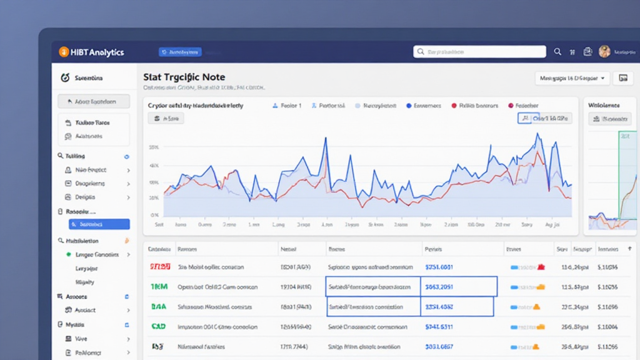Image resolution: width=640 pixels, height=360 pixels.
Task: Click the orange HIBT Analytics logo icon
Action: click(x=63, y=52)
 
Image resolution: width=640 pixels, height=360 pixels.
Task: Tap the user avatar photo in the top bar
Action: click(x=604, y=52)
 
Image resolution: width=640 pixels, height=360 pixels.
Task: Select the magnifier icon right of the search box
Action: click(x=557, y=52)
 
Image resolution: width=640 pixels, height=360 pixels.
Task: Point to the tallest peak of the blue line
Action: click(x=537, y=134)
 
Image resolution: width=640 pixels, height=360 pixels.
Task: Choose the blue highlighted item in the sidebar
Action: click(x=99, y=224)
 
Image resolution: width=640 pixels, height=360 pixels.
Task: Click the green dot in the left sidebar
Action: click(x=69, y=255)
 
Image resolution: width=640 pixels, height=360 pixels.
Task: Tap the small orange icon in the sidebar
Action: click(x=127, y=241)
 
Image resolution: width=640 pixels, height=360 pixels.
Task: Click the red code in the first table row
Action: click(x=160, y=267)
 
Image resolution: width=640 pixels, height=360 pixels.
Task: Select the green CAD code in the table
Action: click(x=159, y=326)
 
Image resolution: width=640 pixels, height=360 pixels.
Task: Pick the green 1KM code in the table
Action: click(x=159, y=287)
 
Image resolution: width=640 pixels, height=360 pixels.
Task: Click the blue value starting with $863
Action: click(x=439, y=287)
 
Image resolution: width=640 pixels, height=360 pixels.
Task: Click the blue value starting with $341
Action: click(x=439, y=326)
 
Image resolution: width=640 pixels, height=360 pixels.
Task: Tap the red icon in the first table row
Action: click(x=541, y=267)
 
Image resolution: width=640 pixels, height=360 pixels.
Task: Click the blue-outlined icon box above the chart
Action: click(x=524, y=118)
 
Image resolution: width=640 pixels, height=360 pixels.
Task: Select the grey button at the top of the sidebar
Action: click(x=94, y=101)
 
